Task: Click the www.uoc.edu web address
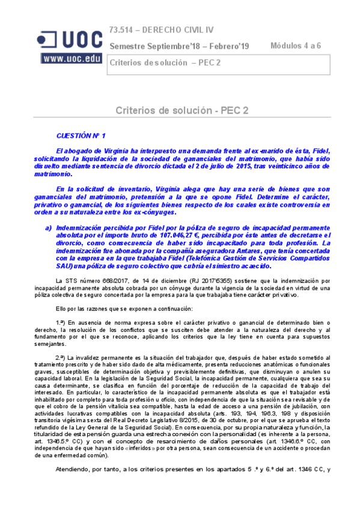pyautogui.click(x=72, y=58)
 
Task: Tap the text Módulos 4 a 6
pyautogui.click(x=295, y=46)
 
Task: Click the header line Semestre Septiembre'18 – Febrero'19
pyautogui.click(x=179, y=46)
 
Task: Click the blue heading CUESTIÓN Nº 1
pyautogui.click(x=81, y=137)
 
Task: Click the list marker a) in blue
pyautogui.click(x=49, y=227)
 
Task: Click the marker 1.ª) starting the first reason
pyautogui.click(x=63, y=323)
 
